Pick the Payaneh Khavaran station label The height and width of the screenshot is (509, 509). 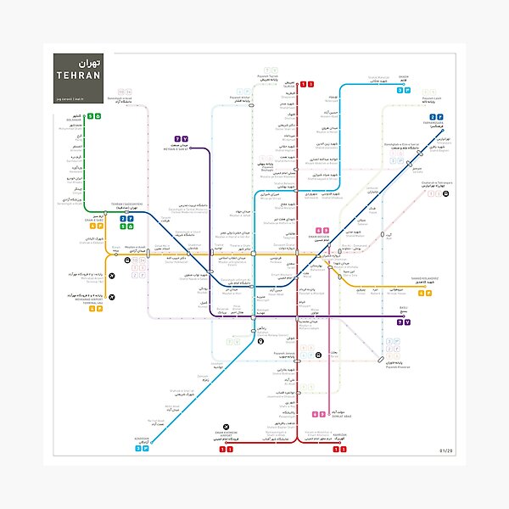pos(398,365)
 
